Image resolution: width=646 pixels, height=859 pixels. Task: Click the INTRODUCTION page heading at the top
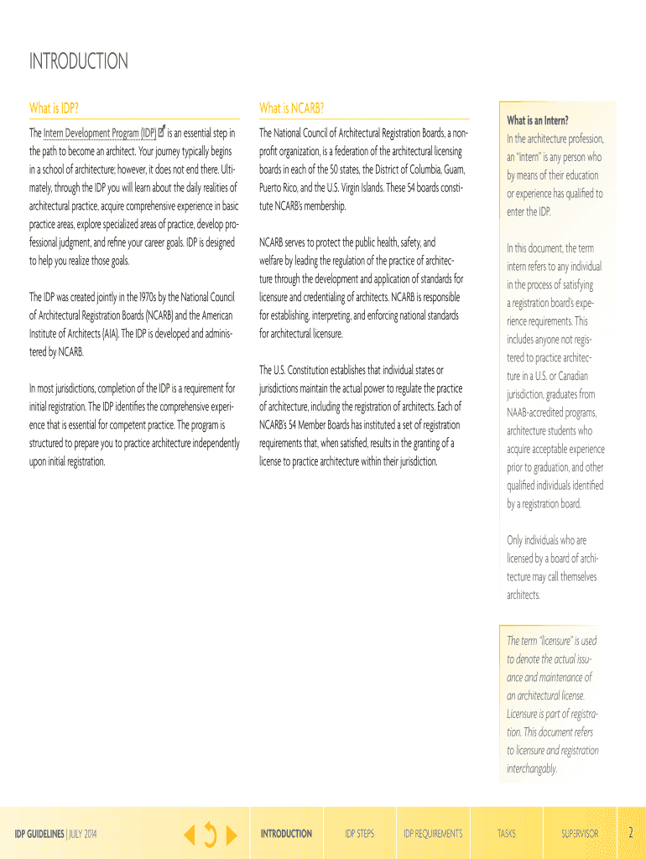pos(79,61)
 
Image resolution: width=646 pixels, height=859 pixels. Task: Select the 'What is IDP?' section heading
pos(55,108)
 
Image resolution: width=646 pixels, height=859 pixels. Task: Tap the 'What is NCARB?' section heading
pos(291,108)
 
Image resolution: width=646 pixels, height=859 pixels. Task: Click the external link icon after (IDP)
pos(162,132)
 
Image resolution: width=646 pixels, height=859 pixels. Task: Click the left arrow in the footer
pos(190,834)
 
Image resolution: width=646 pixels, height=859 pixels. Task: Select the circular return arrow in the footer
pos(210,834)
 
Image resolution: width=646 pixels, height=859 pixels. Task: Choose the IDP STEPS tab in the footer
pos(359,834)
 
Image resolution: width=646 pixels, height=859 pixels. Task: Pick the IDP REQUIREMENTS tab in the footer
pos(433,834)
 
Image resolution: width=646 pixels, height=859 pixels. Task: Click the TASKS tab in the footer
pos(507,834)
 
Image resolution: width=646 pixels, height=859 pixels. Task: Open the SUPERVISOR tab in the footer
pos(580,834)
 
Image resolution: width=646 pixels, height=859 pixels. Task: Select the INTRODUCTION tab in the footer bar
pos(286,834)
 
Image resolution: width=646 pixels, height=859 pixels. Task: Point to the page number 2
pos(630,833)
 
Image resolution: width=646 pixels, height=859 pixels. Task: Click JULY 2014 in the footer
pos(88,834)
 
